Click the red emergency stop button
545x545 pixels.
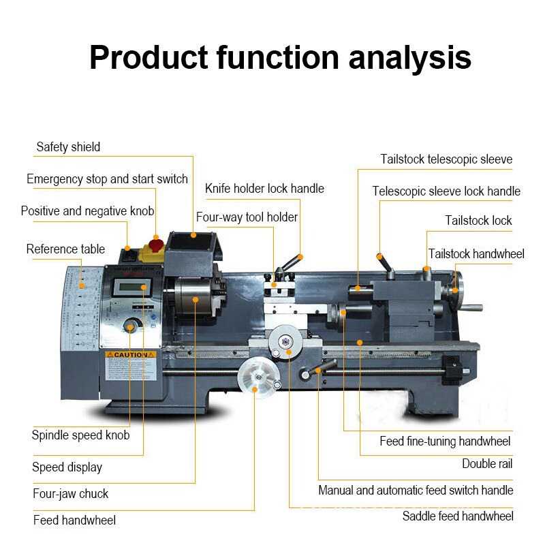156,244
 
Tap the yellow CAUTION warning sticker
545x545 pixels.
130,355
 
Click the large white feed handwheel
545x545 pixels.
255,377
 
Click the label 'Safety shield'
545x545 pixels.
68,146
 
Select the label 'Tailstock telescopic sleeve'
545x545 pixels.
446,159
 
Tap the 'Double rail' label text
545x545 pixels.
487,464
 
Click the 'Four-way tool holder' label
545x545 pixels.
247,217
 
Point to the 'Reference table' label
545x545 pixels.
65,249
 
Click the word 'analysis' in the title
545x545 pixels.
410,57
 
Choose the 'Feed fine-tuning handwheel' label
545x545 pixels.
445,441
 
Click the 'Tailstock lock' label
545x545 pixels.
478,221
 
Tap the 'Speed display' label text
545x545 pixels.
67,467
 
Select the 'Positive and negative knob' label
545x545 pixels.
87,211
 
